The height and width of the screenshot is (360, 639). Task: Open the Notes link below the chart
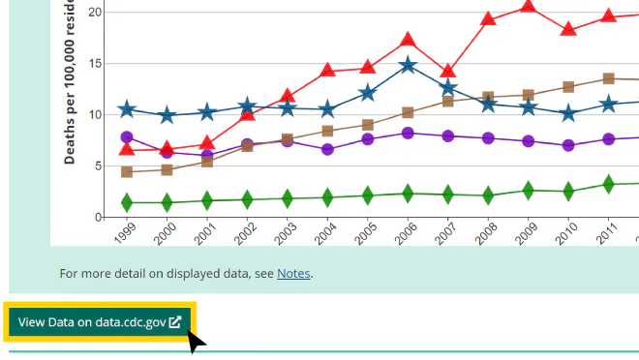(293, 274)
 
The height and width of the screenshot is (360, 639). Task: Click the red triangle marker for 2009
(528, 6)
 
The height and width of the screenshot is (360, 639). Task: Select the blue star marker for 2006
(408, 65)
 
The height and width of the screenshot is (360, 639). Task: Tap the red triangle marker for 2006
(408, 41)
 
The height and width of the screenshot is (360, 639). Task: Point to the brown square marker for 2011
(608, 78)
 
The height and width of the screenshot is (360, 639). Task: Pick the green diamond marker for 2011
(608, 184)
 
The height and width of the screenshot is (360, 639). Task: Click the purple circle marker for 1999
(127, 137)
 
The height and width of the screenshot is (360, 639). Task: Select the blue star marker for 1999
(127, 110)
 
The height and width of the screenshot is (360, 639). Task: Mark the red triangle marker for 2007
(447, 72)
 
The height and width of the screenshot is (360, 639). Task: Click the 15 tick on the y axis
(95, 64)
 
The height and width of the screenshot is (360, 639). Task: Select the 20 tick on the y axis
(95, 13)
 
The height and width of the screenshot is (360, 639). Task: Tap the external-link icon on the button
(175, 321)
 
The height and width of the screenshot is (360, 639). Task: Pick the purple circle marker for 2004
(327, 149)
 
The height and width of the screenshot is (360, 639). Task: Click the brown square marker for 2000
(167, 170)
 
